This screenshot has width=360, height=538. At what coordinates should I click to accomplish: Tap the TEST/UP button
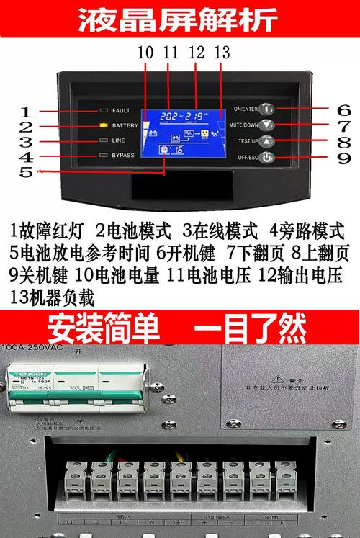(x=267, y=141)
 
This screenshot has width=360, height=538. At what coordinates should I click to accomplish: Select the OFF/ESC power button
(x=267, y=157)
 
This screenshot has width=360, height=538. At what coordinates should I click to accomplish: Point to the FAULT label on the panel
(x=122, y=111)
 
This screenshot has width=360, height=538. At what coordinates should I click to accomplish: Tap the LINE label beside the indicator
(x=119, y=141)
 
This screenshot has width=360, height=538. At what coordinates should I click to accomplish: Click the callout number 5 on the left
(x=26, y=172)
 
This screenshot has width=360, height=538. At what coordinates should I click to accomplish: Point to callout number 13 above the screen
(x=222, y=53)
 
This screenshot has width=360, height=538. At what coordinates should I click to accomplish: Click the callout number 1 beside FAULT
(x=26, y=112)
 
